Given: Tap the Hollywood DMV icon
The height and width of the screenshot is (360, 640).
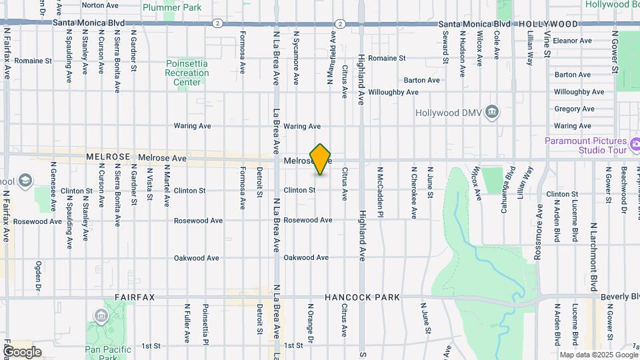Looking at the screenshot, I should [x=492, y=111].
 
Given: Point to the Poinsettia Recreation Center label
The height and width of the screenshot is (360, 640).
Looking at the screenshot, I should [x=187, y=73].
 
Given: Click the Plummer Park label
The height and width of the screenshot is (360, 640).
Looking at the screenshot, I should [x=172, y=8].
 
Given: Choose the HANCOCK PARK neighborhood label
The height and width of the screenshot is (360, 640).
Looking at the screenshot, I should [x=363, y=297].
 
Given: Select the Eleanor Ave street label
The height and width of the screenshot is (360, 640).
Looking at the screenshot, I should [x=573, y=41].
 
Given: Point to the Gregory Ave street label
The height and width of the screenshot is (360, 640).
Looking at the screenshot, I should [x=573, y=109].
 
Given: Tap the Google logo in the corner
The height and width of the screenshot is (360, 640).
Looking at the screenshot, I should [x=21, y=351].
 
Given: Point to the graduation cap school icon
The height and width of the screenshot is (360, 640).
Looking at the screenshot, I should [x=25, y=181].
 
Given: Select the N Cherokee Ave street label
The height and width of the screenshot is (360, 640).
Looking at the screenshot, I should [x=413, y=193].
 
